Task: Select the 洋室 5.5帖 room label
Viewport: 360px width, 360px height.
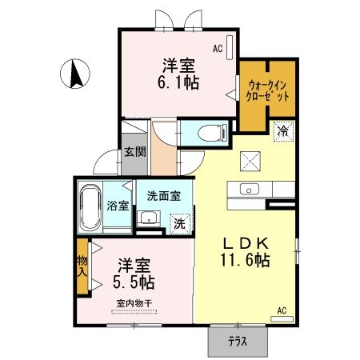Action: [134, 274]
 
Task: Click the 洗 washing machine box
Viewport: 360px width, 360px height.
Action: [180, 223]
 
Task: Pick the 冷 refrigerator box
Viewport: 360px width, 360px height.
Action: [282, 129]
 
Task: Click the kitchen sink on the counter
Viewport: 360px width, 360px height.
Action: [249, 190]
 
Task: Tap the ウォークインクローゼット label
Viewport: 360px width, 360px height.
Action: [268, 89]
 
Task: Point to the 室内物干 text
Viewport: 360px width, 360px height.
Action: [134, 303]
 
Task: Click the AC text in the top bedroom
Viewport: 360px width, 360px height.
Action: [217, 48]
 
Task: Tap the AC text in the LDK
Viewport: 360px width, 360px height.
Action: [282, 310]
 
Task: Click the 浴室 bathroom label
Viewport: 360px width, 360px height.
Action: [118, 205]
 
